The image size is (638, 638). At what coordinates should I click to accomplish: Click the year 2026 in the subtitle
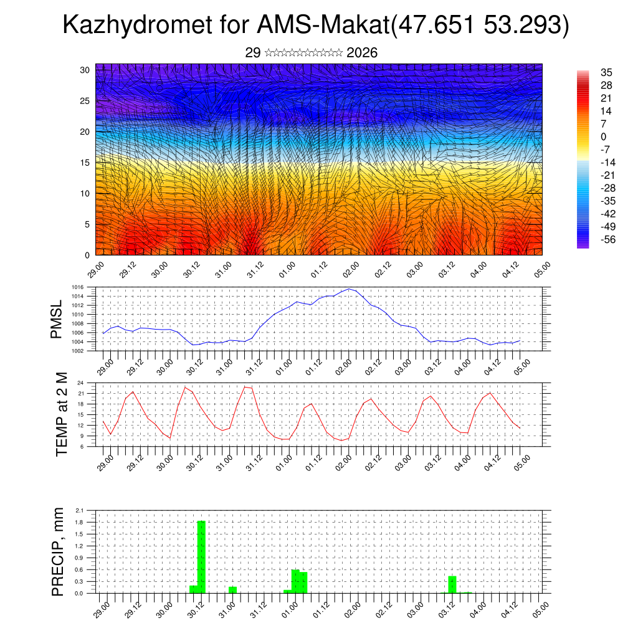pyautogui.click(x=361, y=53)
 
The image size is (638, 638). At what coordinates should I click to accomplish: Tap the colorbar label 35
pyautogui.click(x=607, y=72)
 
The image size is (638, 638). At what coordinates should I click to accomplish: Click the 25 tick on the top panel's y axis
pyautogui.click(x=85, y=100)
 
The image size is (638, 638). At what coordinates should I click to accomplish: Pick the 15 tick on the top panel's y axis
pyautogui.click(x=85, y=163)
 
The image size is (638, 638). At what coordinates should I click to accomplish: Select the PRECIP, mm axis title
pyautogui.click(x=58, y=551)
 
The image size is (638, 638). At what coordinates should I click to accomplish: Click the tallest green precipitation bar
pyautogui.click(x=201, y=556)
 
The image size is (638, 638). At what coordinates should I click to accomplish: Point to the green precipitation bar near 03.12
pyautogui.click(x=452, y=584)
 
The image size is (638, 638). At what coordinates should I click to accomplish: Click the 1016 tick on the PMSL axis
pyautogui.click(x=78, y=287)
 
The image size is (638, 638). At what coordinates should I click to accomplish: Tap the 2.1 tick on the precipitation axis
pyautogui.click(x=80, y=510)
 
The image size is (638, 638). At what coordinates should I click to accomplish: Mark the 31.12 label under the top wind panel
pyautogui.click(x=257, y=269)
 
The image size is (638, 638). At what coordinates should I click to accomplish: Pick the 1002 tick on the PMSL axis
pyautogui.click(x=78, y=351)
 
